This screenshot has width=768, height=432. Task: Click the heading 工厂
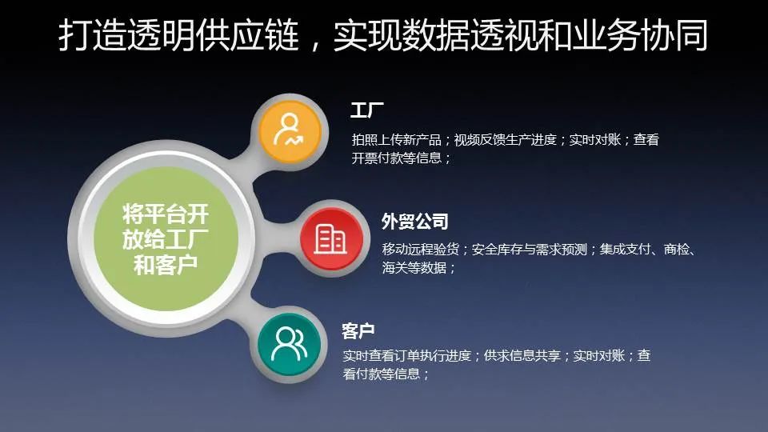368,110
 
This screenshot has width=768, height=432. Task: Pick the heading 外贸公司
414,222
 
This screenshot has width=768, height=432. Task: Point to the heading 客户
358,330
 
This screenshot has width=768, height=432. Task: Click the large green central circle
166,238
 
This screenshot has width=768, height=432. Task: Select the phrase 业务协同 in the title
648,36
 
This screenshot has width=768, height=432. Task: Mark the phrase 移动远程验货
420,249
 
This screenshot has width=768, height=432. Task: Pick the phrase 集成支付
630,249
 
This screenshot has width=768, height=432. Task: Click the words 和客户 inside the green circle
166,265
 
